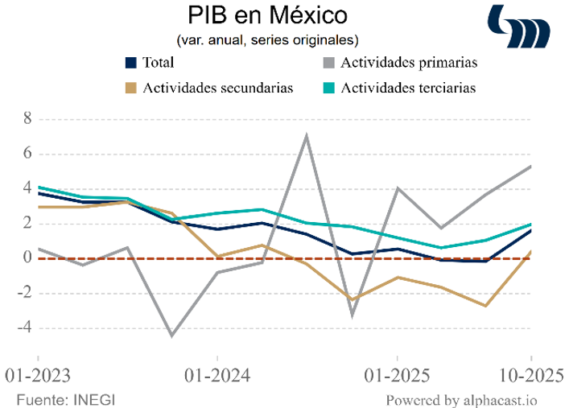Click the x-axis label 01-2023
click(37, 376)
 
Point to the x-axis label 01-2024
click(217, 376)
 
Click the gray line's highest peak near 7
click(307, 135)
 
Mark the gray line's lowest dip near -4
click(171, 336)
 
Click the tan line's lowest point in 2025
click(486, 306)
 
